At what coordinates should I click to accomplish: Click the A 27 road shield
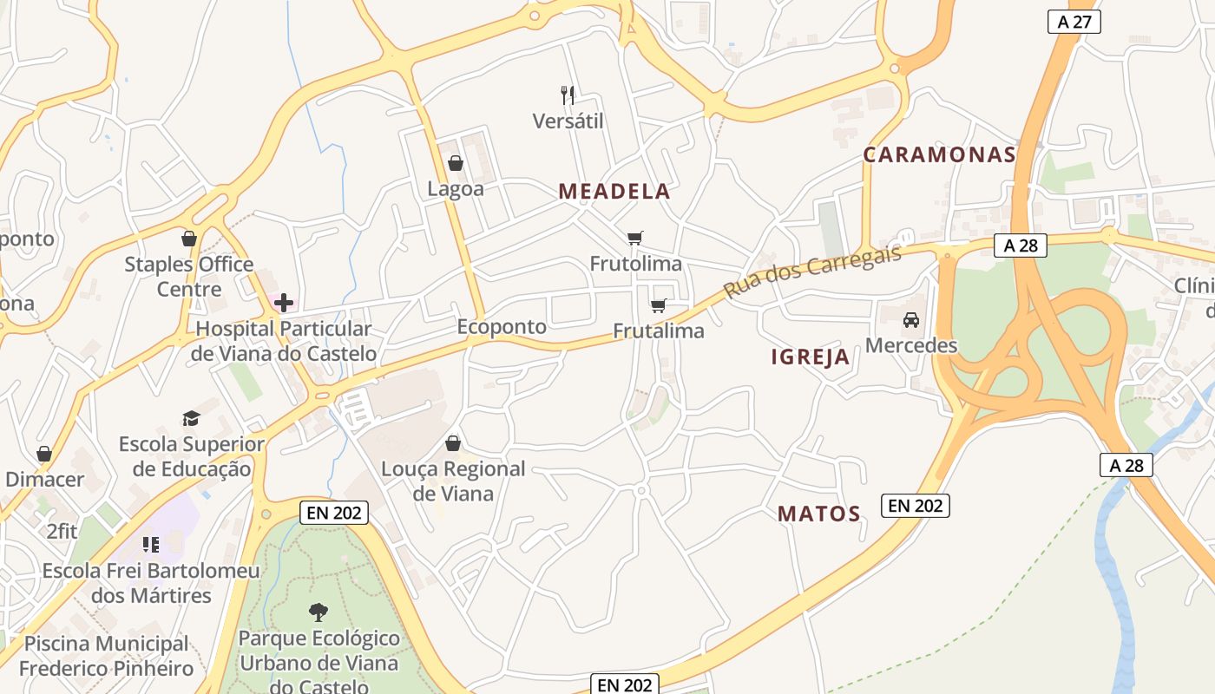pyautogui.click(x=1074, y=22)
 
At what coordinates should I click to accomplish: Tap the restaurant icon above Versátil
pyautogui.click(x=568, y=95)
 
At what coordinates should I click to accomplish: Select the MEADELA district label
pyautogui.click(x=614, y=192)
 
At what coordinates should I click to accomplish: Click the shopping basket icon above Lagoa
pyautogui.click(x=455, y=162)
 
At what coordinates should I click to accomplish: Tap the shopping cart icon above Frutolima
pyautogui.click(x=635, y=238)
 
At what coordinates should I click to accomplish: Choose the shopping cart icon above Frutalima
pyautogui.click(x=659, y=304)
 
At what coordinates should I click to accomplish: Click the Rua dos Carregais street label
pyautogui.click(x=812, y=271)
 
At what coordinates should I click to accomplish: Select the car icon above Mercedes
pyautogui.click(x=911, y=320)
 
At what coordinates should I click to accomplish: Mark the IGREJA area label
pyautogui.click(x=811, y=357)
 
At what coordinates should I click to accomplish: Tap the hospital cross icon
pyautogui.click(x=284, y=303)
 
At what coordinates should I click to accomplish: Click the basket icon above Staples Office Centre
pyautogui.click(x=188, y=239)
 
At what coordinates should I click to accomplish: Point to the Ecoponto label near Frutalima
pyautogui.click(x=502, y=327)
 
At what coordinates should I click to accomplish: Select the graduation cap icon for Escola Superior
pyautogui.click(x=191, y=419)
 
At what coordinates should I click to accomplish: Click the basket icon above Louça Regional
pyautogui.click(x=453, y=443)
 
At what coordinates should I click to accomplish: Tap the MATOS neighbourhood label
pyautogui.click(x=818, y=514)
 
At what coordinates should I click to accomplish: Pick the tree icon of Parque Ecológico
pyautogui.click(x=319, y=612)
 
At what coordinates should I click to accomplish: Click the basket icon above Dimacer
pyautogui.click(x=44, y=454)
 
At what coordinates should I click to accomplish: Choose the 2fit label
pyautogui.click(x=62, y=531)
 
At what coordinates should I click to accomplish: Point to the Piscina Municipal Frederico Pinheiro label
pyautogui.click(x=106, y=656)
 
